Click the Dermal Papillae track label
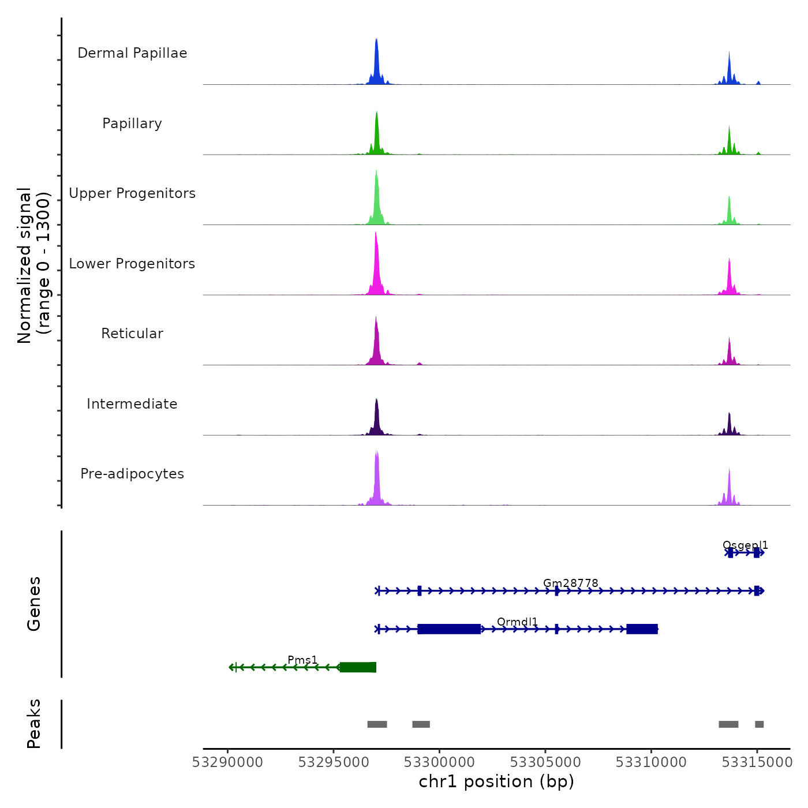pos(132,53)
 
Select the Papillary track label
pos(132,124)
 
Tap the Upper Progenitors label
pos(132,193)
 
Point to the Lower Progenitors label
pos(132,264)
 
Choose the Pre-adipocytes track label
pos(132,474)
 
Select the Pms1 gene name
pos(302,660)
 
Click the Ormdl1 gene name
pos(517,622)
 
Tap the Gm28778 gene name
pos(570,583)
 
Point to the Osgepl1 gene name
pos(745,545)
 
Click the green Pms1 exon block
pos(358,667)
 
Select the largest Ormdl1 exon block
pos(449,629)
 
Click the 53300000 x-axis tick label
pos(439,762)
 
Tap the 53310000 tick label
pos(651,762)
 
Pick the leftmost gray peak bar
pos(377,724)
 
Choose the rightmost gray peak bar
pos(759,724)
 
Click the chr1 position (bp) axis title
pos(496,782)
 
